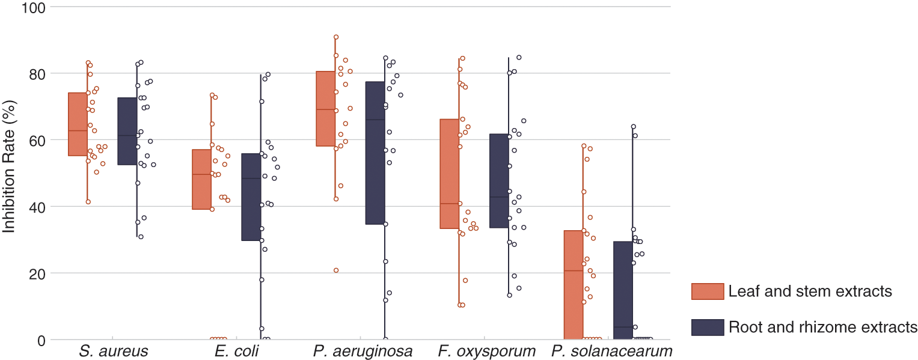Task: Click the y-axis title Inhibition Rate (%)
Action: [x=9, y=173]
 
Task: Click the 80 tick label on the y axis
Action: [x=35, y=73]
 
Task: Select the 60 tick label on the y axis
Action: [x=35, y=140]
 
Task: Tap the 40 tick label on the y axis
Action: [x=35, y=207]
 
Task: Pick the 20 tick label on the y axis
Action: [x=35, y=273]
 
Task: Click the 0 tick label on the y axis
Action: [x=40, y=340]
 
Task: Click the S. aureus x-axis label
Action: [x=113, y=352]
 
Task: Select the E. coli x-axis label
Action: [x=236, y=352]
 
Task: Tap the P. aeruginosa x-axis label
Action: [x=363, y=352]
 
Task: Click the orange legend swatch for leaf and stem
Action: [x=708, y=291]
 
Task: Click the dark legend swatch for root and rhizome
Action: [x=708, y=327]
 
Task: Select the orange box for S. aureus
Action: [x=78, y=124]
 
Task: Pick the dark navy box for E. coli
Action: [x=251, y=197]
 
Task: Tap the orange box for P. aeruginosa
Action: [x=326, y=109]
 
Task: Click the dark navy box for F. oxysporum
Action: [x=499, y=181]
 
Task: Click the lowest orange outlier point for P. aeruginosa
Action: [x=336, y=270]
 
